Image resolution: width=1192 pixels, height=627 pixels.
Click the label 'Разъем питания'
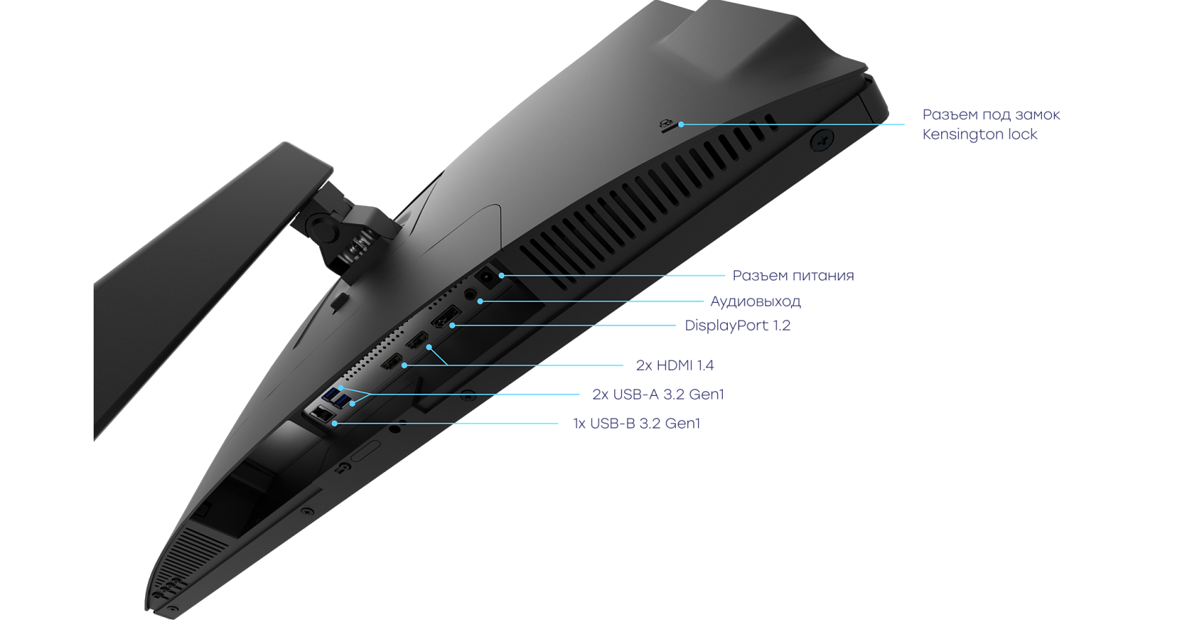pos(793,275)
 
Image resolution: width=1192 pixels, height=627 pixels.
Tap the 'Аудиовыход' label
pos(756,302)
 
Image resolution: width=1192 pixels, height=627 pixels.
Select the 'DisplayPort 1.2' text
pos(738,325)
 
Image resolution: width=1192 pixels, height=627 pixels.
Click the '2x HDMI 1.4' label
pos(675,365)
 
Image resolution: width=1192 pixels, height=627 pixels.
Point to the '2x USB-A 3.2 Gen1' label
pos(658,395)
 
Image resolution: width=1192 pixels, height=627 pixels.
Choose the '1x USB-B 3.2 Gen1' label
pos(636,423)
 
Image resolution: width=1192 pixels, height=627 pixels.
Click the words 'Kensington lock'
pos(980,134)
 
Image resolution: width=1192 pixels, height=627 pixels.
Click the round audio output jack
pos(470,294)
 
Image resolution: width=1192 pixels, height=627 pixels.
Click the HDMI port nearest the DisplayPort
pos(416,340)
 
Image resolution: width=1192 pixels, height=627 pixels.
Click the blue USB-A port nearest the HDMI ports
pos(342,399)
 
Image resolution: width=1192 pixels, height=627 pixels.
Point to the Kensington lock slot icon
pos(665,125)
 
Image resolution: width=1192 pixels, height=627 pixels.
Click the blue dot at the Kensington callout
pos(681,125)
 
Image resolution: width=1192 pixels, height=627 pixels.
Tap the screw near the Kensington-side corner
pos(821,140)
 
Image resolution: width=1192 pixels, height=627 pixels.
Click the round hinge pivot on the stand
pos(321,226)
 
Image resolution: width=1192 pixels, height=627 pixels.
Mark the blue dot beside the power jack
pos(502,275)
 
